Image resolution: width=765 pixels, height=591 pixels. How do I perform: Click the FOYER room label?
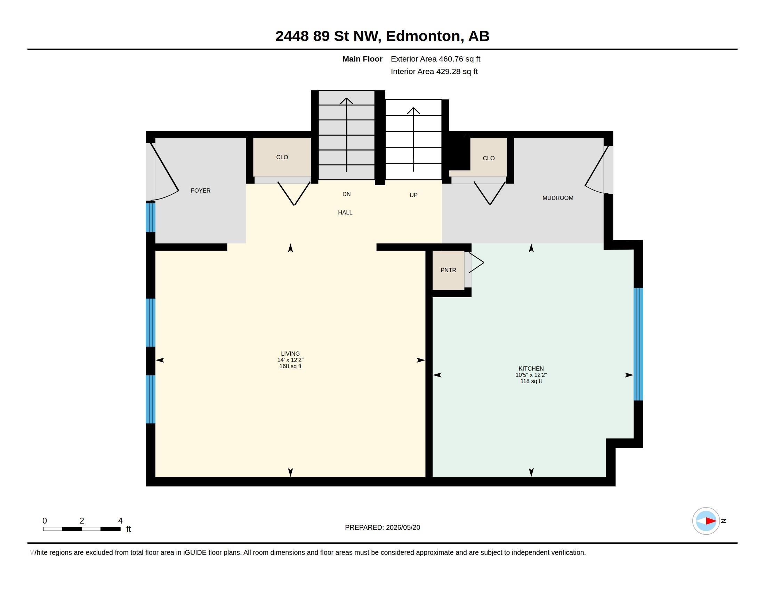pos(200,191)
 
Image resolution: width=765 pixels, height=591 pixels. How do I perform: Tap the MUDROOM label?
pos(558,198)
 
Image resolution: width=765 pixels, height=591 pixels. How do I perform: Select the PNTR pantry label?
pos(448,270)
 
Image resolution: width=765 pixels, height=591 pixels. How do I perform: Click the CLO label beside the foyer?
pos(282,157)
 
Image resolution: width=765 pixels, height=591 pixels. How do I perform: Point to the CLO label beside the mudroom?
pos(489,158)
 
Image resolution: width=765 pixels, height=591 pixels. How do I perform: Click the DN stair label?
pos(346,194)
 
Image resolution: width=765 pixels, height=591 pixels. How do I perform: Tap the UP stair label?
pos(413,195)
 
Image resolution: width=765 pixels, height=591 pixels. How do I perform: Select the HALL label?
pos(345,212)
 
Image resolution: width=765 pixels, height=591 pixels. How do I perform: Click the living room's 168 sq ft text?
pos(290,366)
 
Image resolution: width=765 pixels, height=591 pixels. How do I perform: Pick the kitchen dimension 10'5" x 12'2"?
pos(531,375)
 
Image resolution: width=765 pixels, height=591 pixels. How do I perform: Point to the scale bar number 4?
pos(120,521)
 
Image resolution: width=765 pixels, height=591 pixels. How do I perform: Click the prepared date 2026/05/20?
pos(403,527)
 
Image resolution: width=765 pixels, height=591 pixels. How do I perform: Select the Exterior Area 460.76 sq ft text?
pos(435,59)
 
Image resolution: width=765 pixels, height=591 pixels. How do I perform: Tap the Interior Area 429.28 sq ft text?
pos(434,71)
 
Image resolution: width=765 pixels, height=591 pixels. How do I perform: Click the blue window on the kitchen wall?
pos(638,344)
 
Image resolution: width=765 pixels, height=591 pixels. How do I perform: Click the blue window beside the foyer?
pos(151,217)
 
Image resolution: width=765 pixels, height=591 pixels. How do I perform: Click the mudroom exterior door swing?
pos(596,169)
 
